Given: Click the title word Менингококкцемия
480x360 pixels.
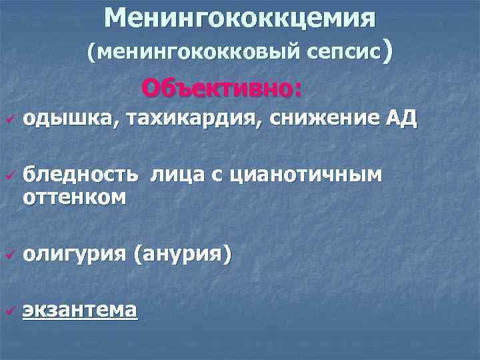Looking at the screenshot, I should (x=240, y=17).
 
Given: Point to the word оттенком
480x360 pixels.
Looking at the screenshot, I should (x=73, y=197).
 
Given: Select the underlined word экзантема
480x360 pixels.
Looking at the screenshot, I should (x=80, y=310).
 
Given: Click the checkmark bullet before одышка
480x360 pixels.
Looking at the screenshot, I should (x=9, y=120).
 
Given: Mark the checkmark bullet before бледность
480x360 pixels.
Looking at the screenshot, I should (x=9, y=176).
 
